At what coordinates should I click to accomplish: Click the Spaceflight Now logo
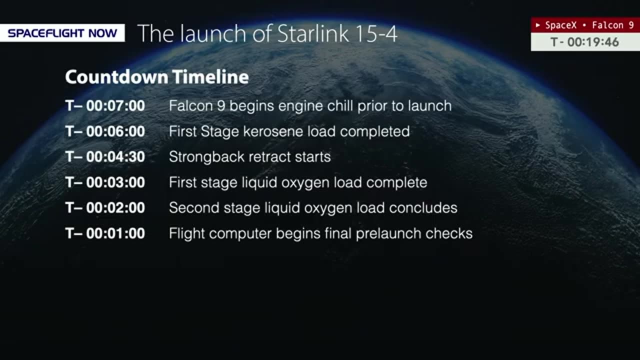[62, 33]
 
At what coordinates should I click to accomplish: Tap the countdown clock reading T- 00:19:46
[584, 42]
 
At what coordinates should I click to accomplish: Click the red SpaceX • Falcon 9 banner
[585, 25]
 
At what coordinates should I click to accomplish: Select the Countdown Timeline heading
[157, 77]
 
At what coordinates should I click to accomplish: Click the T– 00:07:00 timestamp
[105, 105]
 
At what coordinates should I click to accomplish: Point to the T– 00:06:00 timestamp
[105, 131]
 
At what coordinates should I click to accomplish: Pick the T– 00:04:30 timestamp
[105, 157]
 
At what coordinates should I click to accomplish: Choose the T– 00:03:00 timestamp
[105, 182]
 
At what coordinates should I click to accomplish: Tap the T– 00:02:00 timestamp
[105, 207]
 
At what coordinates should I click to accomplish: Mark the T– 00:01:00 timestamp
[105, 233]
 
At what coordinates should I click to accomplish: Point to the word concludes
[423, 207]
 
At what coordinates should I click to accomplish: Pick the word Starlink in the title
[313, 33]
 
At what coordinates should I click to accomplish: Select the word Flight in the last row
[187, 234]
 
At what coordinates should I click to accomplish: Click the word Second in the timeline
[194, 207]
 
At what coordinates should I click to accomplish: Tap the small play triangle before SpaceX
[538, 25]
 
